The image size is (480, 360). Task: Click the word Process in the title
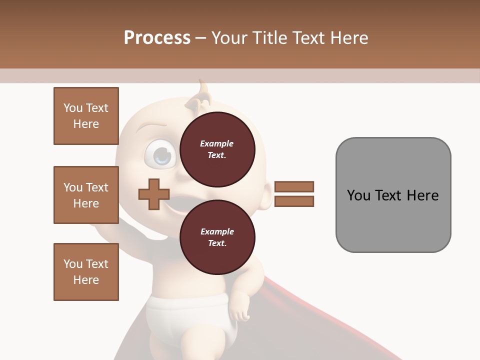(x=157, y=38)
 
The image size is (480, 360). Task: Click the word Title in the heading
(x=270, y=38)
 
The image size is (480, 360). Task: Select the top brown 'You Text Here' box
(x=86, y=116)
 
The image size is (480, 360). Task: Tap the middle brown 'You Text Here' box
(x=86, y=195)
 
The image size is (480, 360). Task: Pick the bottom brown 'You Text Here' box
(x=86, y=272)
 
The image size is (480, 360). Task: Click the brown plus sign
(x=154, y=194)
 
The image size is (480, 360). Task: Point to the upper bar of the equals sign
(x=294, y=187)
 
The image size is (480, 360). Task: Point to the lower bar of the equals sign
(x=294, y=201)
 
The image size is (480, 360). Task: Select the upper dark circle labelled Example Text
(x=217, y=149)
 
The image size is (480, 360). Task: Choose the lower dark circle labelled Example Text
(x=217, y=237)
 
